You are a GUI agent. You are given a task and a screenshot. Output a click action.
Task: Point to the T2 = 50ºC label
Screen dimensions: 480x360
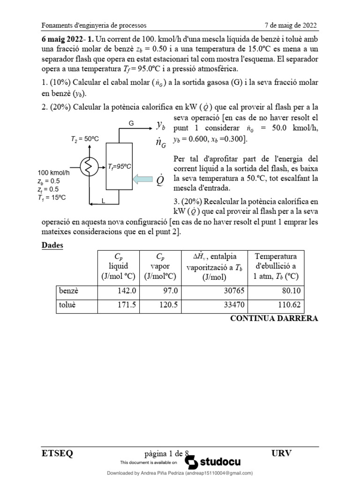(84, 139)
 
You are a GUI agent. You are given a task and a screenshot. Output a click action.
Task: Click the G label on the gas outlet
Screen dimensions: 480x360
(131, 123)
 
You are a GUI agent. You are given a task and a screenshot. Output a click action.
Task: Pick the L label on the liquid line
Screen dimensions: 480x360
(104, 201)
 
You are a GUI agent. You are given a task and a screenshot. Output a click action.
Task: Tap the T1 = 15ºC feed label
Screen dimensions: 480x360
(52, 197)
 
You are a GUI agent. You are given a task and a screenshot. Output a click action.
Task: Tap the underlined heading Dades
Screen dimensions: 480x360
(52, 245)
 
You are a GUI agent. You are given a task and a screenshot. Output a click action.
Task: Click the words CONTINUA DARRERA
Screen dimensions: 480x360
(274, 319)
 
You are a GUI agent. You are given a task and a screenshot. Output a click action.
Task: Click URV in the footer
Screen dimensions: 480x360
(281, 453)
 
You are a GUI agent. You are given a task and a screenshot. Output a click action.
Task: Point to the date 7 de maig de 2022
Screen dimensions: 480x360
(291, 25)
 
